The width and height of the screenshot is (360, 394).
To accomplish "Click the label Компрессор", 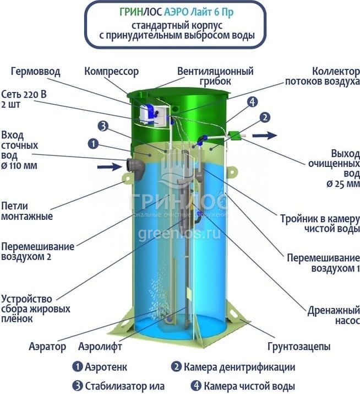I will [x=111, y=72].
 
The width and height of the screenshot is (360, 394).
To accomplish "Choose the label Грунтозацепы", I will [x=299, y=347].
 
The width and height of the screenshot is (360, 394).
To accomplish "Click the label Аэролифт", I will [x=100, y=347].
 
